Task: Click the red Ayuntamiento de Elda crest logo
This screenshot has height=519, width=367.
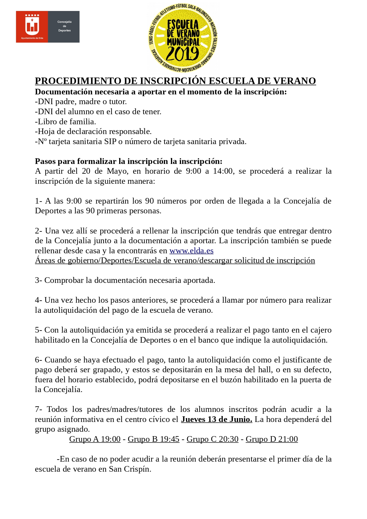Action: click(32, 26)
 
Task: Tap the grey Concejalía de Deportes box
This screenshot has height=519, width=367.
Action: click(64, 26)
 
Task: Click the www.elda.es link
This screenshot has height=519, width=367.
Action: click(191, 251)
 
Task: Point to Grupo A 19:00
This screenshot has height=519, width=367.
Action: click(95, 439)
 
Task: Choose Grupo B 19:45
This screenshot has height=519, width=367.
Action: click(153, 439)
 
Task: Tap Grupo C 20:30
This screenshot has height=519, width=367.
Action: click(212, 439)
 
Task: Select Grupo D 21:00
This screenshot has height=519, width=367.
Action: click(271, 439)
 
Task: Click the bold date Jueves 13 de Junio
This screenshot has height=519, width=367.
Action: click(216, 419)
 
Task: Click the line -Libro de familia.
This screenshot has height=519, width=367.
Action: click(65, 122)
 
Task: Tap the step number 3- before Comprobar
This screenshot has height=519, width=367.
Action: click(38, 280)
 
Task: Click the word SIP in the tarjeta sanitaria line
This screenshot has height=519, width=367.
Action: click(110, 141)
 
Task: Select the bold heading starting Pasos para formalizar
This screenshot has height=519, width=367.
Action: click(128, 161)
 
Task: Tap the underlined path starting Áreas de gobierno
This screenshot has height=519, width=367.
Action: click(175, 260)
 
